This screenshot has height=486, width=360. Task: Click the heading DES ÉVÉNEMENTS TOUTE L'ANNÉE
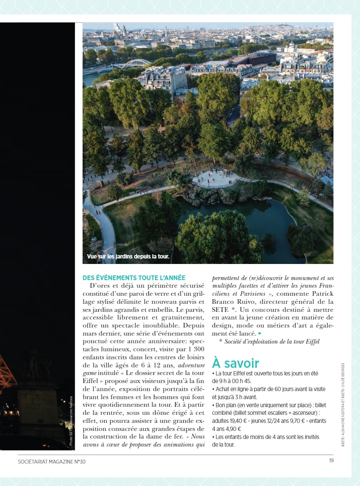(x=134, y=278)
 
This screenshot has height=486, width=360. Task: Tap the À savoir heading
(x=235, y=363)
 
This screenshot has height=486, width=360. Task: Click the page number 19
(x=331, y=461)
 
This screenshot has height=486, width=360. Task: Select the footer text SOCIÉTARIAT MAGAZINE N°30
(x=52, y=461)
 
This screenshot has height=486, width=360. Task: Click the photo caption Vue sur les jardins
(x=128, y=256)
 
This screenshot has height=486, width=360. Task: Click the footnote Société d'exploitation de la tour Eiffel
(x=272, y=342)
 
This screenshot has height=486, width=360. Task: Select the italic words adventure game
(x=191, y=365)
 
